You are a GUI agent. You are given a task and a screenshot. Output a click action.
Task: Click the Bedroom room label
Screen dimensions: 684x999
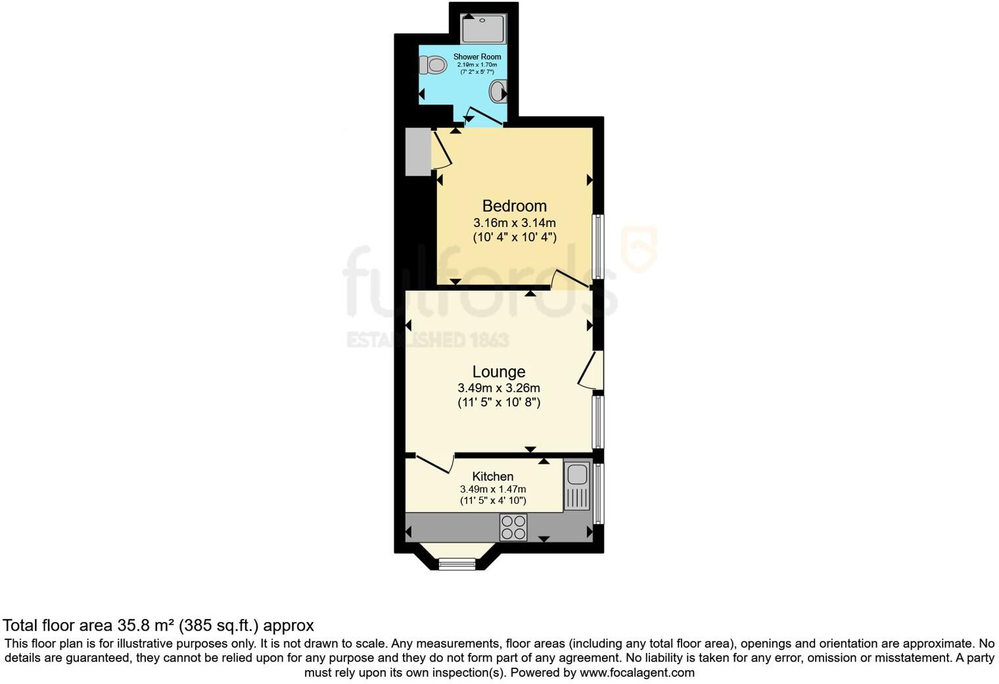[x=514, y=206]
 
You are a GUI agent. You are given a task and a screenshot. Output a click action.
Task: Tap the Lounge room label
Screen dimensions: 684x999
[x=498, y=372]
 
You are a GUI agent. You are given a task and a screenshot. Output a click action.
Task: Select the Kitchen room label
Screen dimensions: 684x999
[x=492, y=476]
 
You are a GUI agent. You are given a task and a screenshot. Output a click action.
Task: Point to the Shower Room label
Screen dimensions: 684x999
[x=476, y=57]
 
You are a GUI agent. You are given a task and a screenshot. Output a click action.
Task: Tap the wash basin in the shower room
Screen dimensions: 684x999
[x=499, y=92]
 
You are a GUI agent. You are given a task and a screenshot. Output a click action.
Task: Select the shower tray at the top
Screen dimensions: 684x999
[x=483, y=29]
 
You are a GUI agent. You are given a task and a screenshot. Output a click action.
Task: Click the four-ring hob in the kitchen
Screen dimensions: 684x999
[x=513, y=527]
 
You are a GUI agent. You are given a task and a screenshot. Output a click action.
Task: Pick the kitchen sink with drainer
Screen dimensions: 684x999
[x=577, y=486]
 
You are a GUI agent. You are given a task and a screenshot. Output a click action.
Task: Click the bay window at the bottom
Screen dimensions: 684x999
[x=457, y=563]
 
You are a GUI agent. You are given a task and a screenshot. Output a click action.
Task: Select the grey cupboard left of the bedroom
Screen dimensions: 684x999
[x=417, y=152]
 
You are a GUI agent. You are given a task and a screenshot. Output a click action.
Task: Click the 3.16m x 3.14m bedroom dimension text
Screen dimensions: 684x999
[x=514, y=223]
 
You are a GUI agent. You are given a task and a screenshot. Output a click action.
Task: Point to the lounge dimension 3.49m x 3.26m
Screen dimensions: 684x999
[x=498, y=388]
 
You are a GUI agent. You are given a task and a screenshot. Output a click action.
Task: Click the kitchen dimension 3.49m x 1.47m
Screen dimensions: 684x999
[x=492, y=489]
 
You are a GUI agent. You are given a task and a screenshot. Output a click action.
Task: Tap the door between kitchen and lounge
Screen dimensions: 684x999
[x=434, y=463]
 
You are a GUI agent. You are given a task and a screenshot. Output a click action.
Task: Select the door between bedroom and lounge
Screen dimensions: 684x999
[x=570, y=280]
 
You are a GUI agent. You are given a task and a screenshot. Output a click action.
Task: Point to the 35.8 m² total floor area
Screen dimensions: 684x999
[x=146, y=625]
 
